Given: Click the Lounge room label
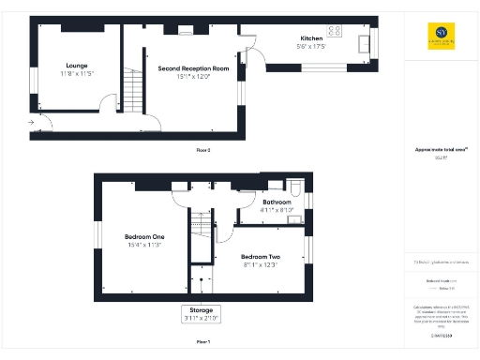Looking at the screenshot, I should point(76,66).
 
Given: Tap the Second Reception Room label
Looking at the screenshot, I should point(194,68).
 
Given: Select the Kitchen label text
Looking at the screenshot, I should point(312,38).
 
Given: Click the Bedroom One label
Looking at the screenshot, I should point(144,236).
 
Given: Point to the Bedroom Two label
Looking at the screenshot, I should point(260,257).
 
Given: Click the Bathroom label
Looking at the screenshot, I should point(277,202).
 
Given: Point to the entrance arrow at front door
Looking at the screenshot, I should point(32,122).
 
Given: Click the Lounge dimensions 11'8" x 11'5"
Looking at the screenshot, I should point(76,74).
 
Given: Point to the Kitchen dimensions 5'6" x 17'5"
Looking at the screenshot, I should point(312,47).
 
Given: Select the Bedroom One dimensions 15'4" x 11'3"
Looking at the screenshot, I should point(144,245).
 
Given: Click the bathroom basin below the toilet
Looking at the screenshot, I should point(294,219).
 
